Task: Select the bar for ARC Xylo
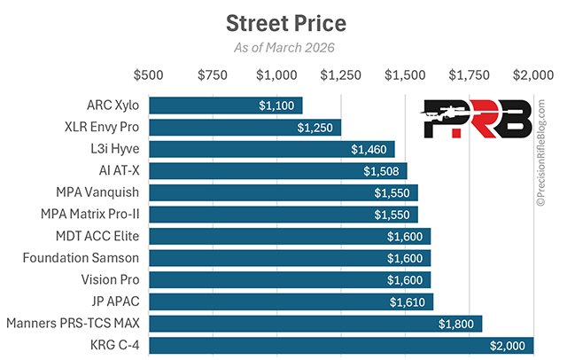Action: pyautogui.click(x=225, y=106)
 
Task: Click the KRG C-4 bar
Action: pyautogui.click(x=341, y=345)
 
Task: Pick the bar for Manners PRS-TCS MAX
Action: pyautogui.click(x=315, y=324)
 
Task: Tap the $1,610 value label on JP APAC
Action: pyautogui.click(x=408, y=301)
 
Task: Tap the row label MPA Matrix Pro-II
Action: pyautogui.click(x=90, y=215)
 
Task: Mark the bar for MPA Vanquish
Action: pyautogui.click(x=283, y=192)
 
